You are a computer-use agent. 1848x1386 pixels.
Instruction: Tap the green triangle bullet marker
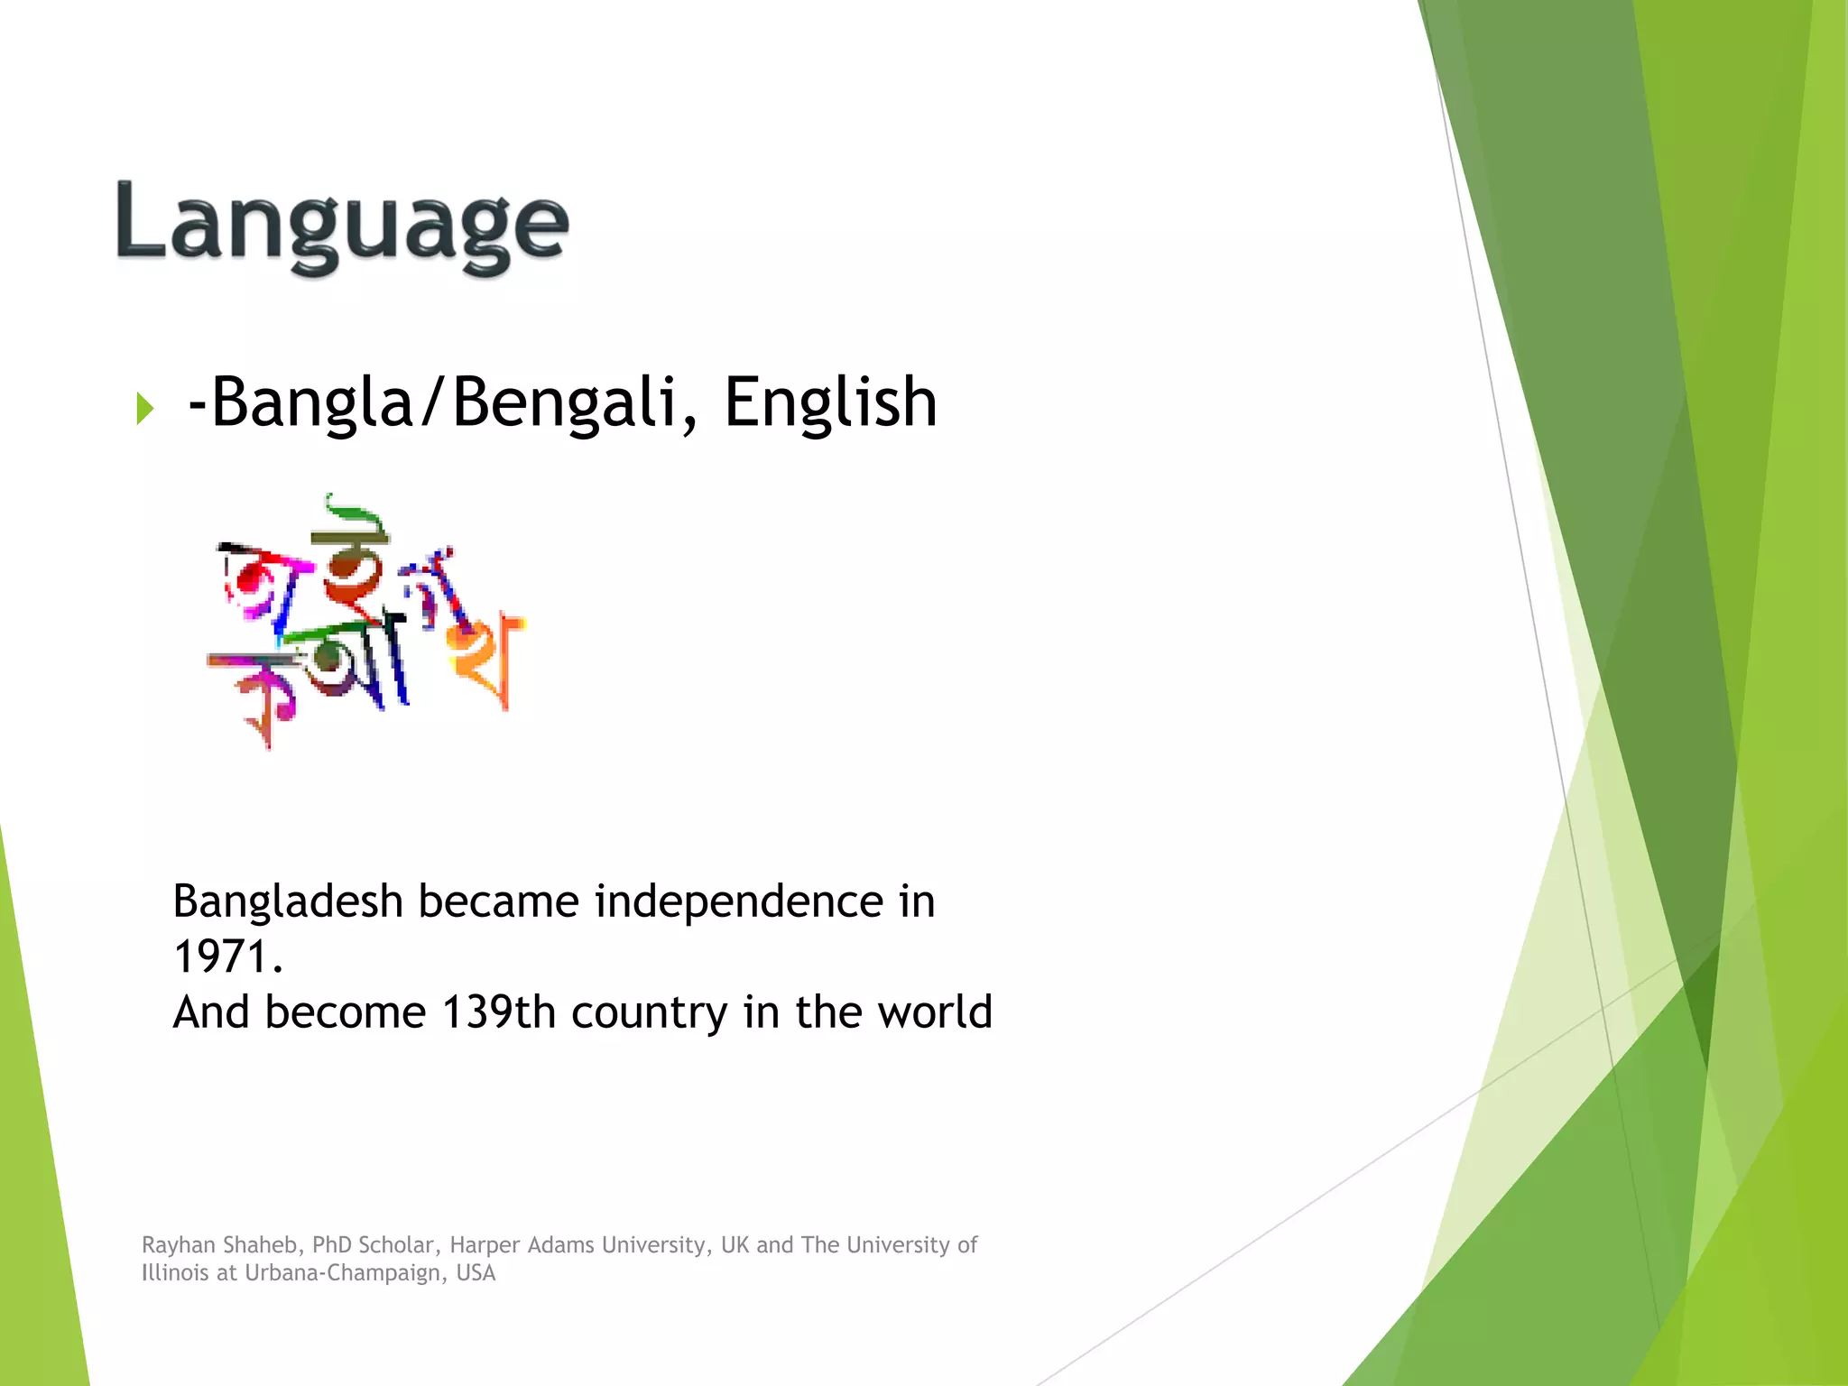144,408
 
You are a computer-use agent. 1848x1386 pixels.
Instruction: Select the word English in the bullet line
830,402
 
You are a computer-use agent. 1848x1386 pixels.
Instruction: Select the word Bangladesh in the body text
287,902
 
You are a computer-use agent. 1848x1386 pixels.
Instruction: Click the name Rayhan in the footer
178,1245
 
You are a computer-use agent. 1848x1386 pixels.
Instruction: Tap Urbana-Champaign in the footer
345,1273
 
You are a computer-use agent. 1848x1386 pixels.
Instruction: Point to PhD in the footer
331,1245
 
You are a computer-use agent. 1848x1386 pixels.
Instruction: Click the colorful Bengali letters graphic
365,623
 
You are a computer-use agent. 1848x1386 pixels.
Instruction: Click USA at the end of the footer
476,1273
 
